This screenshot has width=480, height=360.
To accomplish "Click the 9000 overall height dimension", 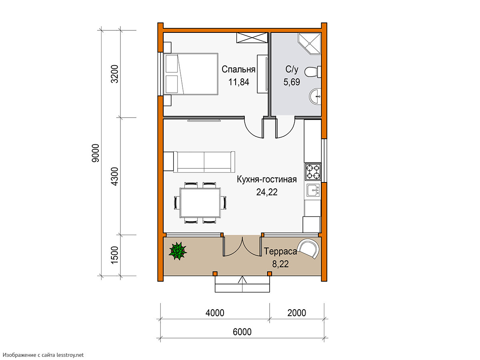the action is tap(96, 153).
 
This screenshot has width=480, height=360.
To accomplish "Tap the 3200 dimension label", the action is tap(114, 74).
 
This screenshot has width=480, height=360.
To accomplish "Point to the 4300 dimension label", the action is tap(114, 177).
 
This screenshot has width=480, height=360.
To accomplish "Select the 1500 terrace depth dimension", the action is tap(114, 255).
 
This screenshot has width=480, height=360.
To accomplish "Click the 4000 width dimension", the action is tap(215, 313).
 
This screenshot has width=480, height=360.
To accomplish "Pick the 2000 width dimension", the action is tap(296, 313).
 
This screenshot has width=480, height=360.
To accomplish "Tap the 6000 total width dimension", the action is tap(242, 332).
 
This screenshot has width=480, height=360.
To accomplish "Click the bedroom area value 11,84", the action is tap(239, 82).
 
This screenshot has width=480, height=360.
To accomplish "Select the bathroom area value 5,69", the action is tap(292, 82).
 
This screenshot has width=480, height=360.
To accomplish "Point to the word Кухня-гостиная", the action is tap(267, 180).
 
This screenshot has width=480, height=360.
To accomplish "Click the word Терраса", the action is tap(280, 251).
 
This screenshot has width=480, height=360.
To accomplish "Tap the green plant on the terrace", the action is tap(178, 251).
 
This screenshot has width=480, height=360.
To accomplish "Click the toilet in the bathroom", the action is tap(313, 72).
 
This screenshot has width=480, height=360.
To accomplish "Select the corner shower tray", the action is tap(310, 44).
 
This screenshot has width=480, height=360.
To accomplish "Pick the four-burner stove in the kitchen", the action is tap(313, 172).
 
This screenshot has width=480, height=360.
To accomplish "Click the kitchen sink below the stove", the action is tap(313, 190).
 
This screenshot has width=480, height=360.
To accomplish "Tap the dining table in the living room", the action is tap(200, 203).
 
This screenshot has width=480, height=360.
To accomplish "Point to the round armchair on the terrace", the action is tap(308, 249).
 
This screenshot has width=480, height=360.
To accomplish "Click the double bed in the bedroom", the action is tap(191, 74).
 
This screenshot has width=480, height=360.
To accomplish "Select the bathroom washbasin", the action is tap(315, 96).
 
